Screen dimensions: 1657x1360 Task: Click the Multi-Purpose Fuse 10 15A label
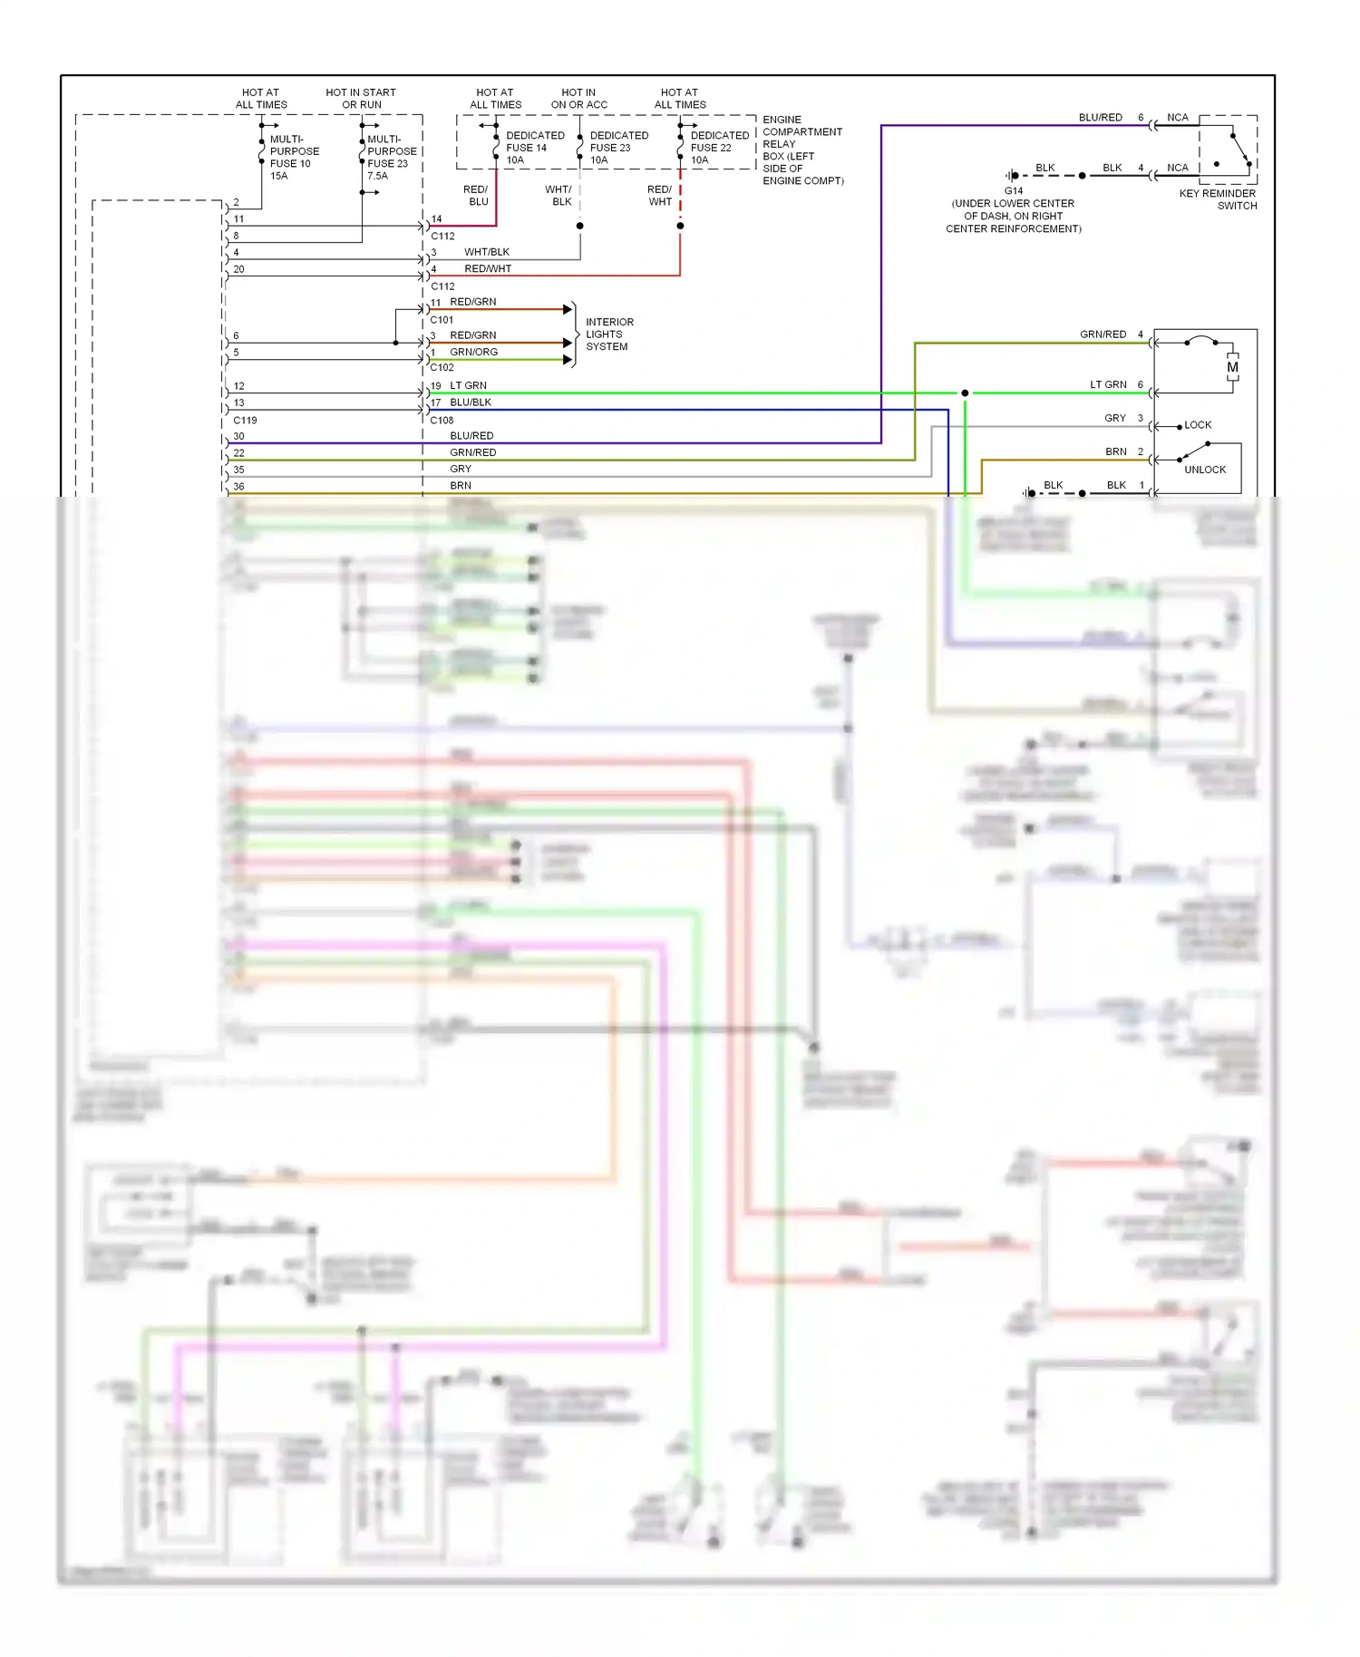tap(293, 158)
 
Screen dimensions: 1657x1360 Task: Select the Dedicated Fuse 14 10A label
tap(534, 148)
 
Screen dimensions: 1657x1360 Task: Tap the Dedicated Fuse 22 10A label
tap(719, 148)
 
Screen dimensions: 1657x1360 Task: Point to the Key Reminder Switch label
tap(1218, 199)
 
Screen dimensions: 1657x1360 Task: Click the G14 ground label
tap(1013, 190)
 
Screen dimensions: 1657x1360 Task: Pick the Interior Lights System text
tap(608, 334)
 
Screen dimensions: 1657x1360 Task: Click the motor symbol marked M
tap(1232, 367)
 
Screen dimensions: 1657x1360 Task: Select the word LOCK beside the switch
tap(1198, 425)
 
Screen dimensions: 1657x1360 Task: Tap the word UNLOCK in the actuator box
tap(1204, 470)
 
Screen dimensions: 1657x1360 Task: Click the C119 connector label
tap(245, 421)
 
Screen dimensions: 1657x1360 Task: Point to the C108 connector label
tap(442, 421)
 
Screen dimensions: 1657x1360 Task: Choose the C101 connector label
tap(442, 320)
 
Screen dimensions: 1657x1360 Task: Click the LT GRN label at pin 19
tap(468, 385)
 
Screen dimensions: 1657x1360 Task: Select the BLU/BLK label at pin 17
tap(470, 402)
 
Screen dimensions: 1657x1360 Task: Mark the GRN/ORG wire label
tap(473, 352)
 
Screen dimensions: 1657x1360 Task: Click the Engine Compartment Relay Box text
tap(801, 150)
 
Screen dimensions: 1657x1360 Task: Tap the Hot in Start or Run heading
tap(361, 99)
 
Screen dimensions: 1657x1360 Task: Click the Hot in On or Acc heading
tap(578, 99)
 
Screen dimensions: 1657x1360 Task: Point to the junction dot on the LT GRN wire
tap(965, 392)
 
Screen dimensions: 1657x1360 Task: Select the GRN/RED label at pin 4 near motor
tap(1103, 334)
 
